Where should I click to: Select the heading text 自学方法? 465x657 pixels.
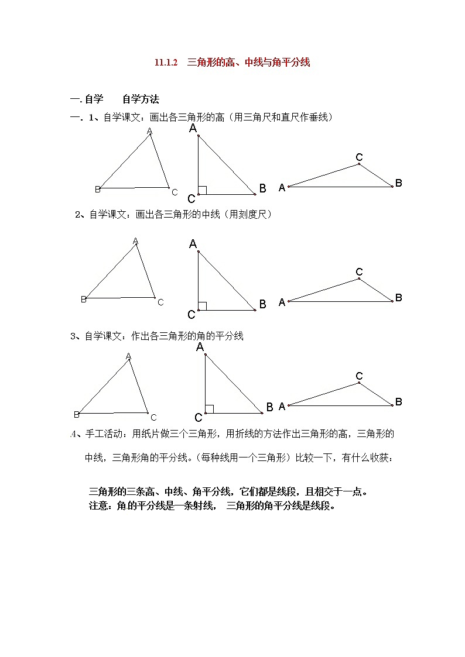coord(141,99)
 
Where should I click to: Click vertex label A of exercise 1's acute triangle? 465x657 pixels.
coord(149,131)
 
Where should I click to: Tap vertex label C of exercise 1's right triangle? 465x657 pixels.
coord(192,199)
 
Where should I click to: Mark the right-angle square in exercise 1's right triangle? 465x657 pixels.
coord(202,190)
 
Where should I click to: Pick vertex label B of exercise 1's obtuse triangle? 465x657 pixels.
coord(398,183)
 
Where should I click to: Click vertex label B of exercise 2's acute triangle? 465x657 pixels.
coord(83,300)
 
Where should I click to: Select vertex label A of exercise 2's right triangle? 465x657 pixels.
coord(193,244)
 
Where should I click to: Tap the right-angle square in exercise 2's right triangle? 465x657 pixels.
coord(202,306)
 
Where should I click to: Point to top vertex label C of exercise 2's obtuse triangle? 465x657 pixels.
coord(359,272)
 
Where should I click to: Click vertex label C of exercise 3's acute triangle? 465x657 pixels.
coord(153,417)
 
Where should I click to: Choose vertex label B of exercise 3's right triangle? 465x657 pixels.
coord(270,407)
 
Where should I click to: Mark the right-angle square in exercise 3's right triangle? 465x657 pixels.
coord(209,409)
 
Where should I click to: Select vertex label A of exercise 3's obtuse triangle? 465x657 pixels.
coord(282,406)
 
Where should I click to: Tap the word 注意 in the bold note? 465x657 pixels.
coord(98,506)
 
